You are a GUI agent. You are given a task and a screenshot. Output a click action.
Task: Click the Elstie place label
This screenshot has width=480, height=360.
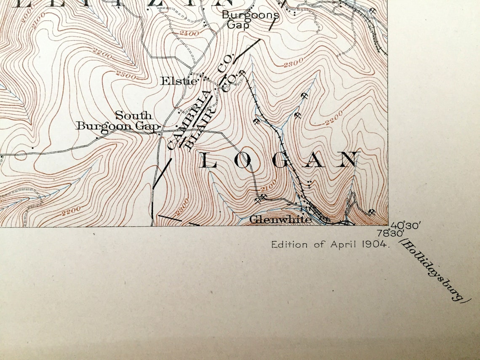tap(179, 80)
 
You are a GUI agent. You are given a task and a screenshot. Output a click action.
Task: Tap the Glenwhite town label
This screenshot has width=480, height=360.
tap(280, 219)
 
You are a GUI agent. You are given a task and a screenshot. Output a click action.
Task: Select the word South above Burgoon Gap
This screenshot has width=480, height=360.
tap(133, 115)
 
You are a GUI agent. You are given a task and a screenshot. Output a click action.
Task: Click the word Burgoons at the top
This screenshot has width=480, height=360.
tap(250, 15)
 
